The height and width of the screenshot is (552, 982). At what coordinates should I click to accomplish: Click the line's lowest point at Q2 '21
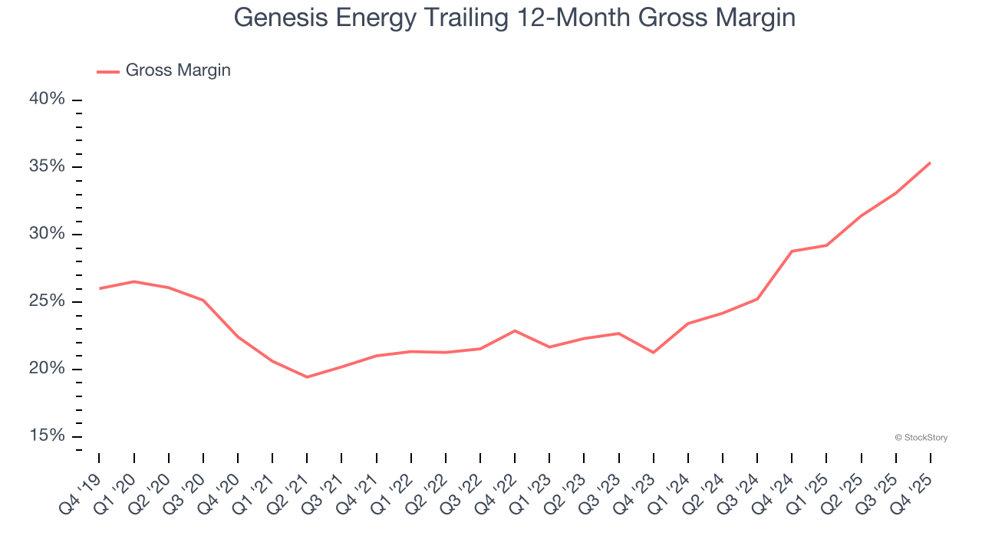point(307,377)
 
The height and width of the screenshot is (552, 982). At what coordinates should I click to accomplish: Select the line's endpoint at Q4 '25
point(931,163)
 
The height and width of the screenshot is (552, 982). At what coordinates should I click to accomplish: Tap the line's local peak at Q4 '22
point(515,330)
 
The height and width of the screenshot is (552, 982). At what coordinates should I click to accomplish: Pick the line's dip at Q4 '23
point(654,353)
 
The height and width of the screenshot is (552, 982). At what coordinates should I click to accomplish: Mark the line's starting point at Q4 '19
point(100,288)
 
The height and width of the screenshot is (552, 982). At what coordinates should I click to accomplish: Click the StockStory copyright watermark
point(921,438)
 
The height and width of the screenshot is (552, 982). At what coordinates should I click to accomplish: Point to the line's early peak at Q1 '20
point(134,281)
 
